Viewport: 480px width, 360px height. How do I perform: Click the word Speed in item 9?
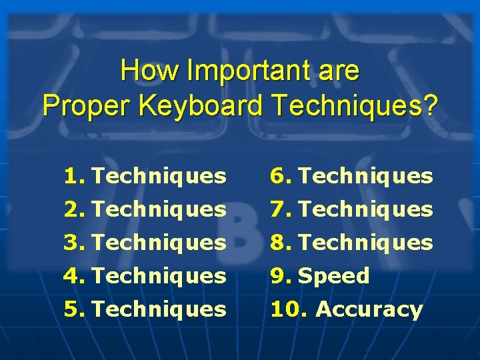click(334, 275)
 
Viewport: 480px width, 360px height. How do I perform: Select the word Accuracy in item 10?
click(369, 309)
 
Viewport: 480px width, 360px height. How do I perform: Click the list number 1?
click(75, 176)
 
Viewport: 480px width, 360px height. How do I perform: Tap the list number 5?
click(75, 309)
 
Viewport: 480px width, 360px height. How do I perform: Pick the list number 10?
click(289, 309)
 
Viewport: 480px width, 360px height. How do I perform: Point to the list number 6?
click(280, 176)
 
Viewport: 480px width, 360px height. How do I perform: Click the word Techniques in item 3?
click(159, 242)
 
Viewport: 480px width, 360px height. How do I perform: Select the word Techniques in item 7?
click(366, 209)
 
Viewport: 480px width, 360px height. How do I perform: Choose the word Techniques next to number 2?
click(159, 209)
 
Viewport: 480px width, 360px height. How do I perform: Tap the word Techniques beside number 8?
click(366, 242)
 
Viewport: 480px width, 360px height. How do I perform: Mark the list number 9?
click(280, 275)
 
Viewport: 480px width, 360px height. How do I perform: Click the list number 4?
click(75, 275)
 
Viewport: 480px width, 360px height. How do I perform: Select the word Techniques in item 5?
click(159, 309)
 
